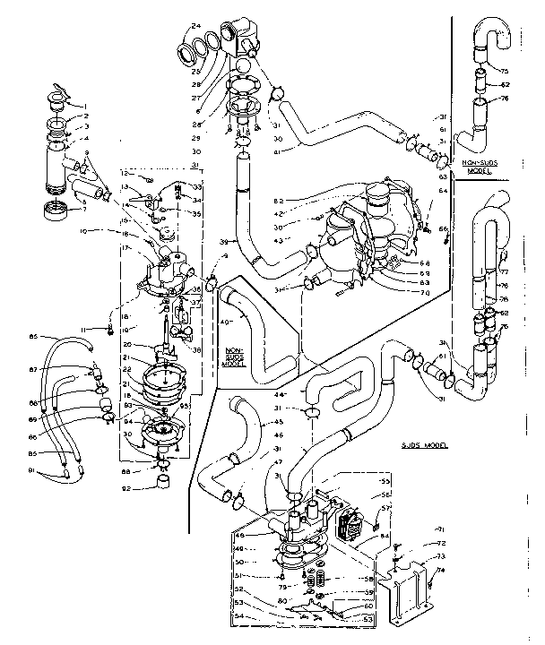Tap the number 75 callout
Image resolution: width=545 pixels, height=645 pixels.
pos(504,71)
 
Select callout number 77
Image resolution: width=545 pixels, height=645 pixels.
pos(504,270)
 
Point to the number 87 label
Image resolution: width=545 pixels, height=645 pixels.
pos(60,369)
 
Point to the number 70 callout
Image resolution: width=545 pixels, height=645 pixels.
pos(400,292)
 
